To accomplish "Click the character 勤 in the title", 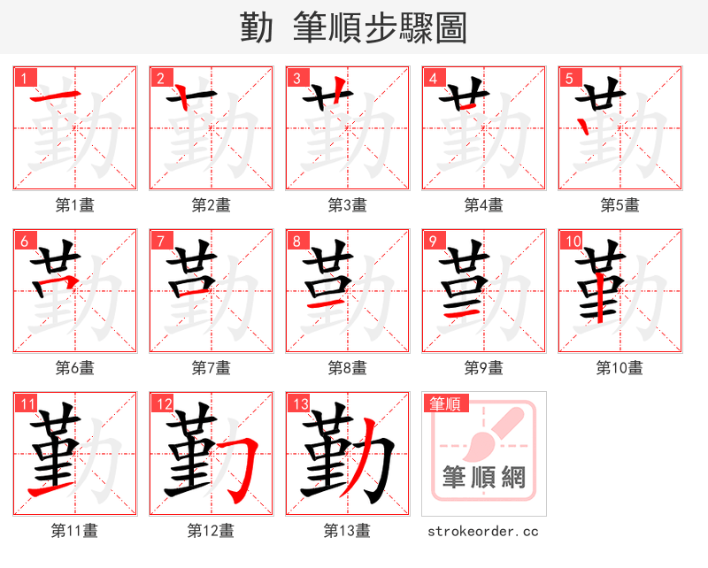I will tap(258, 27).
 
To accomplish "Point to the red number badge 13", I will tap(300, 404).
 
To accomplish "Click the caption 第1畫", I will tap(75, 205).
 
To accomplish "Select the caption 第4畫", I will tap(484, 205).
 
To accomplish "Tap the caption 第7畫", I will tap(212, 367).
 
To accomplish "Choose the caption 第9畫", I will tap(484, 367).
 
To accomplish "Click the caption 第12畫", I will tap(212, 531).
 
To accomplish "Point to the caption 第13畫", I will tap(348, 531).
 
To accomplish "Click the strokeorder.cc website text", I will tap(483, 532).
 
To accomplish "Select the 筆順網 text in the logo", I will tap(484, 478).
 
